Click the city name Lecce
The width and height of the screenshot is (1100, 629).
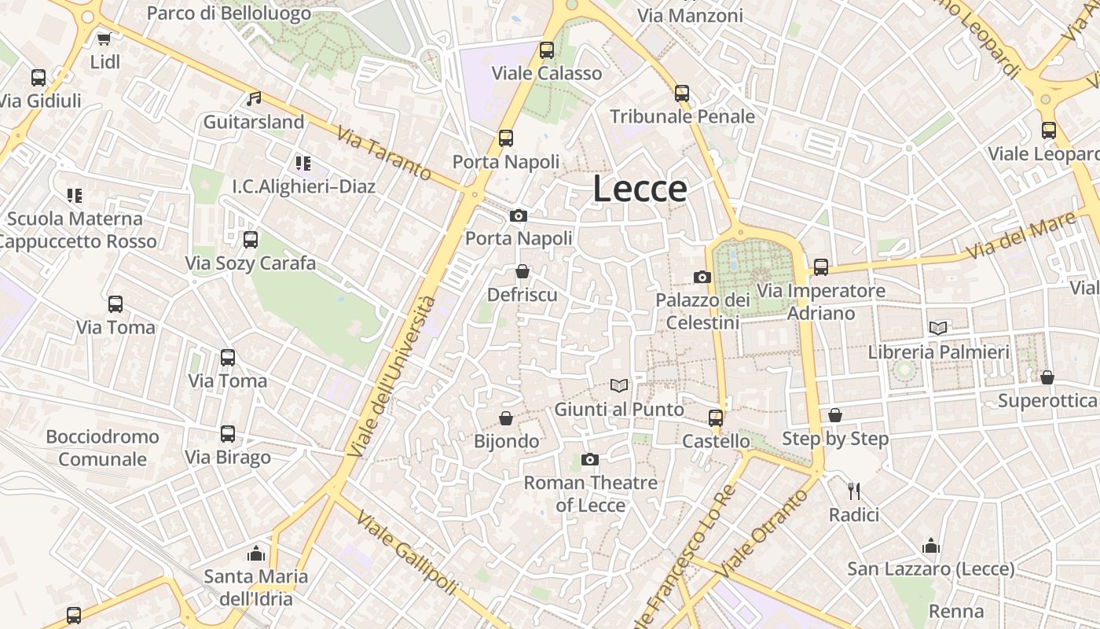[640, 189]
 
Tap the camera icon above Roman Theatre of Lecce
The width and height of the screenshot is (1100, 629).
[589, 459]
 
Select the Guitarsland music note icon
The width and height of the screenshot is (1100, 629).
[254, 99]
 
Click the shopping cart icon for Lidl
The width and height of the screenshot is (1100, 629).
[104, 39]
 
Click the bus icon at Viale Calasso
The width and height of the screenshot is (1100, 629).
[547, 50]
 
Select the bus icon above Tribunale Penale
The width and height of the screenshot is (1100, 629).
[682, 94]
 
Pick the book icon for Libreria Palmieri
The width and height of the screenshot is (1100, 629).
[938, 328]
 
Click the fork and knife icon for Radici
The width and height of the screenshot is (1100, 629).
[854, 491]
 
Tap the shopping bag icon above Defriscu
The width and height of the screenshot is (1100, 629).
[522, 272]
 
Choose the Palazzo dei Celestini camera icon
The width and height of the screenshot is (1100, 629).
[702, 277]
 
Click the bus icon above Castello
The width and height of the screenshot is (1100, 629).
[716, 417]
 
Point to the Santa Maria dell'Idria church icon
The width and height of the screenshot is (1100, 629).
[256, 554]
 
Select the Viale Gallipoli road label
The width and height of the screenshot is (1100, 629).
[406, 553]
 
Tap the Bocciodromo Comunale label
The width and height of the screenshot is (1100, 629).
[102, 447]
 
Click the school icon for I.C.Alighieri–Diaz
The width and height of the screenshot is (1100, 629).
[303, 164]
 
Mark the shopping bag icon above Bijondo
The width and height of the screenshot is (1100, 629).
[506, 418]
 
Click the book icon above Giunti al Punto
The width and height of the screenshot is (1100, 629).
[619, 385]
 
